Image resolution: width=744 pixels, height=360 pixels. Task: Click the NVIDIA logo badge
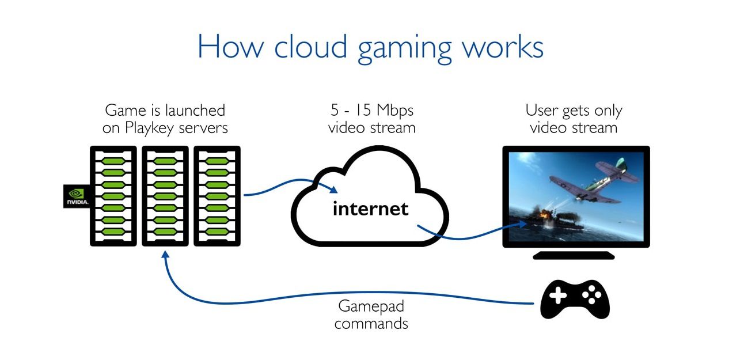75,196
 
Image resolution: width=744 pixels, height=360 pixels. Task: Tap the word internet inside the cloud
370,208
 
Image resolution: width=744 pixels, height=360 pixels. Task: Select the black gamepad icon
575,299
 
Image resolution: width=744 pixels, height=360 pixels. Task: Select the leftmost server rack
113,196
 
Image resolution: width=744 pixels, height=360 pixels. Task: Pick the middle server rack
165,196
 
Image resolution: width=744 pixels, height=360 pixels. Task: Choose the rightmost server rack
217,196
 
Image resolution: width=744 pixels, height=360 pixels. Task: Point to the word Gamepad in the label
371,306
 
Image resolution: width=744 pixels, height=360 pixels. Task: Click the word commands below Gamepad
371,323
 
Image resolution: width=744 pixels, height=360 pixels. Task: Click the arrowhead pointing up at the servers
166,256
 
